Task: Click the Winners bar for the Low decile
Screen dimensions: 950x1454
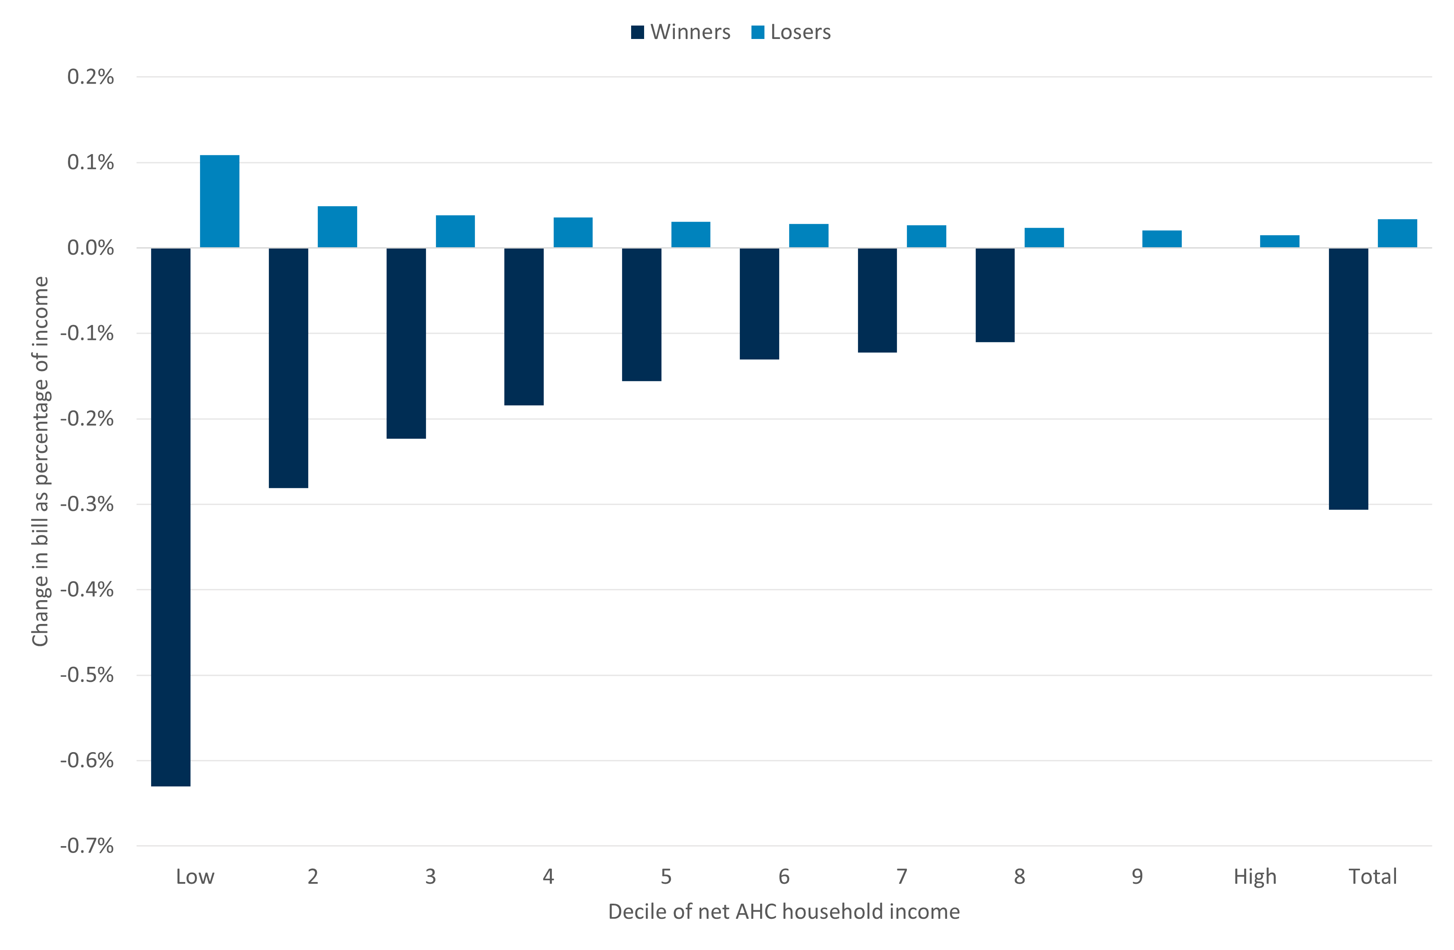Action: click(171, 516)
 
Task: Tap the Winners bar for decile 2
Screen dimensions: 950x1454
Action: click(288, 367)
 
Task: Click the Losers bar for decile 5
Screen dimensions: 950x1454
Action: click(690, 235)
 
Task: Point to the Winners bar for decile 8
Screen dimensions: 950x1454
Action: click(995, 294)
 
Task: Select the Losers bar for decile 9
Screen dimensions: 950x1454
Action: click(1161, 239)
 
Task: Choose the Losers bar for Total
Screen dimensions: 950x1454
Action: click(1397, 233)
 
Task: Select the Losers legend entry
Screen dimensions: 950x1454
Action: click(791, 32)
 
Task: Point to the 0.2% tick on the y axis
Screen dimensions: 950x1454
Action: click(90, 77)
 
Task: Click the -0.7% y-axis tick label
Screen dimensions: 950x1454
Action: click(87, 846)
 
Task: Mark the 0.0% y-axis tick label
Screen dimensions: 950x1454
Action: click(90, 248)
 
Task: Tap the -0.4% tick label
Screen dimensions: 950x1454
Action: click(87, 590)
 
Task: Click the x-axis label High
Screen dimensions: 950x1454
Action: click(1255, 877)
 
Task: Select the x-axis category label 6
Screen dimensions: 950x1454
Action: click(784, 877)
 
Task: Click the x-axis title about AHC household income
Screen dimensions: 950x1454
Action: click(784, 911)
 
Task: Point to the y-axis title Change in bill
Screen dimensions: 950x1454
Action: click(40, 461)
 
